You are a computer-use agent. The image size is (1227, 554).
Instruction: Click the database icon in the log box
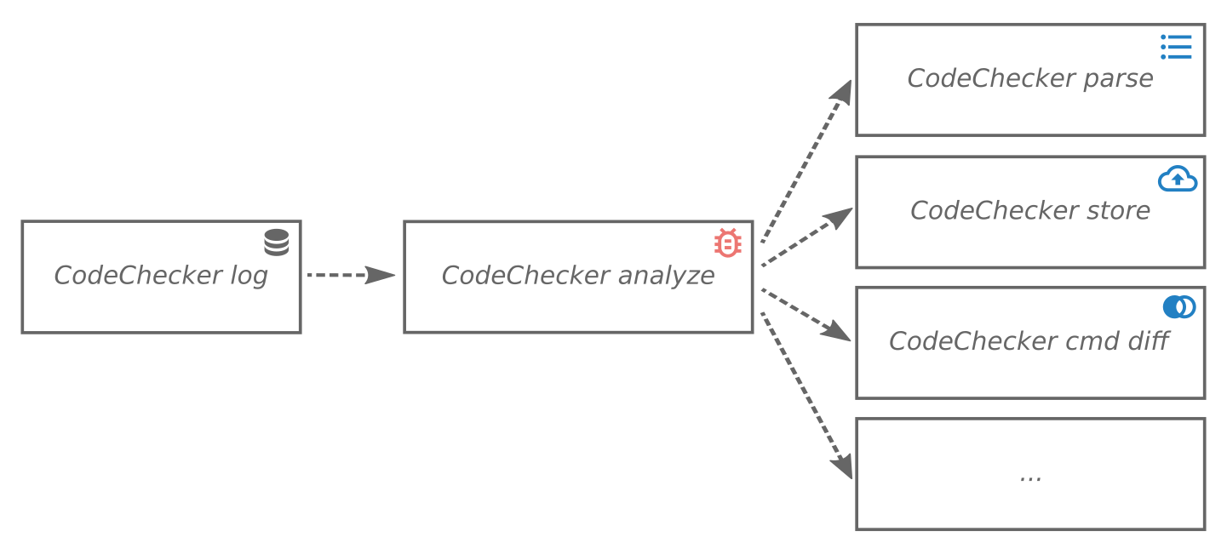point(276,243)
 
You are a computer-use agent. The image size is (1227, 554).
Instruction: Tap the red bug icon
point(727,243)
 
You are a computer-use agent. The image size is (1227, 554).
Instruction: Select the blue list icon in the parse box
point(1176,47)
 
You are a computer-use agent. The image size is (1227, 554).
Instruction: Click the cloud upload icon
point(1178,179)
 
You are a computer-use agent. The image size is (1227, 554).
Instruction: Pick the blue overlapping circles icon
point(1179,307)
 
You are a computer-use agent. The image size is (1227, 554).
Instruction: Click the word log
point(249,277)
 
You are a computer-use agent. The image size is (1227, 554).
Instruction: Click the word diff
point(1149,341)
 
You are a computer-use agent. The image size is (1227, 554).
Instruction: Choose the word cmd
point(1092,342)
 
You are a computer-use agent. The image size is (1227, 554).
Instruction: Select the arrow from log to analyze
point(350,275)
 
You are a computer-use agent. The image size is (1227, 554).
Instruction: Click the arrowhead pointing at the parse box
point(843,91)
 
